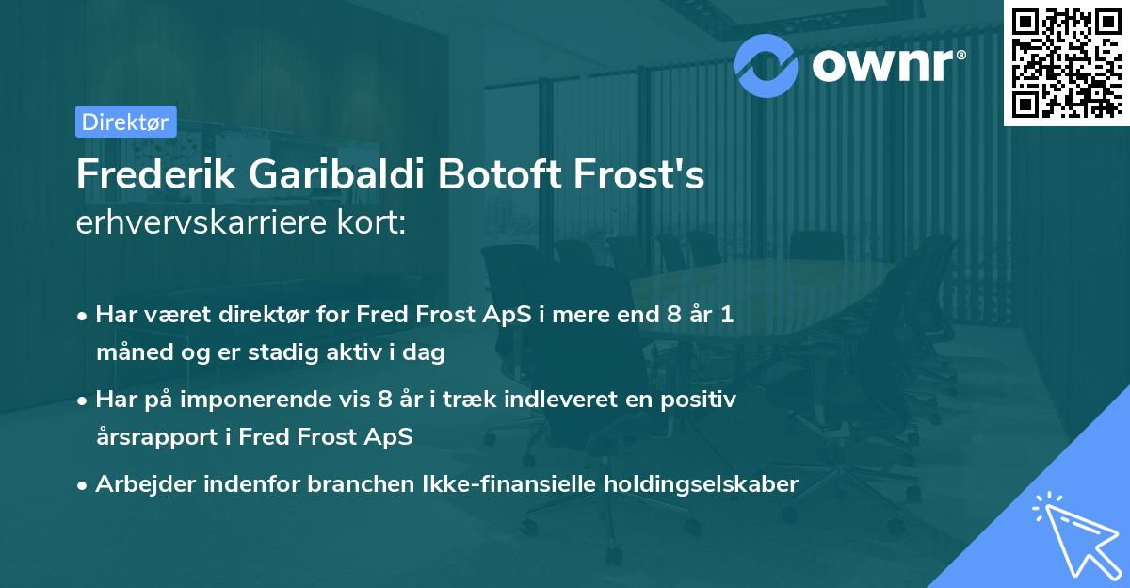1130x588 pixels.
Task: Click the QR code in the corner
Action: tap(1066, 62)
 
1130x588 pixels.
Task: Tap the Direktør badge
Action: tap(125, 122)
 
